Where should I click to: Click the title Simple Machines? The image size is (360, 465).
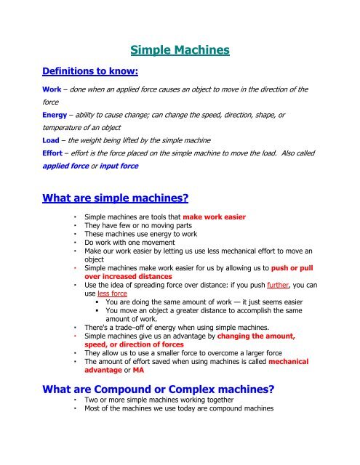point(180,50)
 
